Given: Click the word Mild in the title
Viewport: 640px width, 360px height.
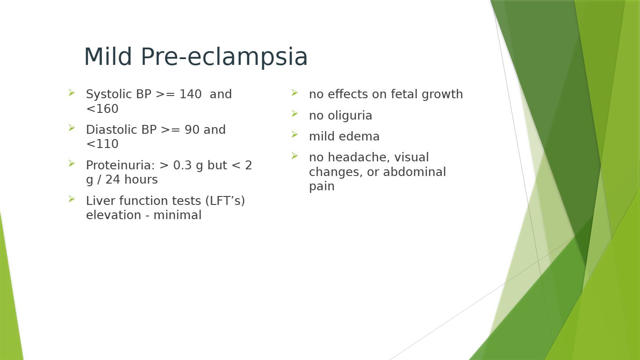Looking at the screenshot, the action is coord(108,56).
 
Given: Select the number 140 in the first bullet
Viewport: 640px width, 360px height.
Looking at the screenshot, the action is coord(190,94).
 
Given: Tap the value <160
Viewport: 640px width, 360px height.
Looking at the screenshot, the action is coord(102,108).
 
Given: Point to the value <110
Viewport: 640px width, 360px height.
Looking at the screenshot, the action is coord(102,144).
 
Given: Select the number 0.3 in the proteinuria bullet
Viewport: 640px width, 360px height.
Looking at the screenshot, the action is coord(182,165).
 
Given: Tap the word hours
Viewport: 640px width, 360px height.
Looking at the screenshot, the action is coord(141,180).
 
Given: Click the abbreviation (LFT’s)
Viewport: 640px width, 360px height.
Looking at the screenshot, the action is coord(225,201).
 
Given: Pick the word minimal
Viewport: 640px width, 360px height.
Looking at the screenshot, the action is coord(177,215).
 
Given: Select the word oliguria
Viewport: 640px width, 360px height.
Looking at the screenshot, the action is coord(350,116).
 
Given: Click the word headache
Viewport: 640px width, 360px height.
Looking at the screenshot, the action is coord(359,157).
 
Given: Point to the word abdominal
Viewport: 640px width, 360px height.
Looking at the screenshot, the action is coord(414,172).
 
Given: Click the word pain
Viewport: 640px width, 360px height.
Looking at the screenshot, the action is coord(322,187).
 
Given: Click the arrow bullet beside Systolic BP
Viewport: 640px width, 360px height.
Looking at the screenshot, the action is coord(72,92).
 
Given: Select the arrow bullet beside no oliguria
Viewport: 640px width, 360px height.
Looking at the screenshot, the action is coord(295,114).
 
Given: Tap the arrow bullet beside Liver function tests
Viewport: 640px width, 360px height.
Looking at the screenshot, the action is coord(72,199).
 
